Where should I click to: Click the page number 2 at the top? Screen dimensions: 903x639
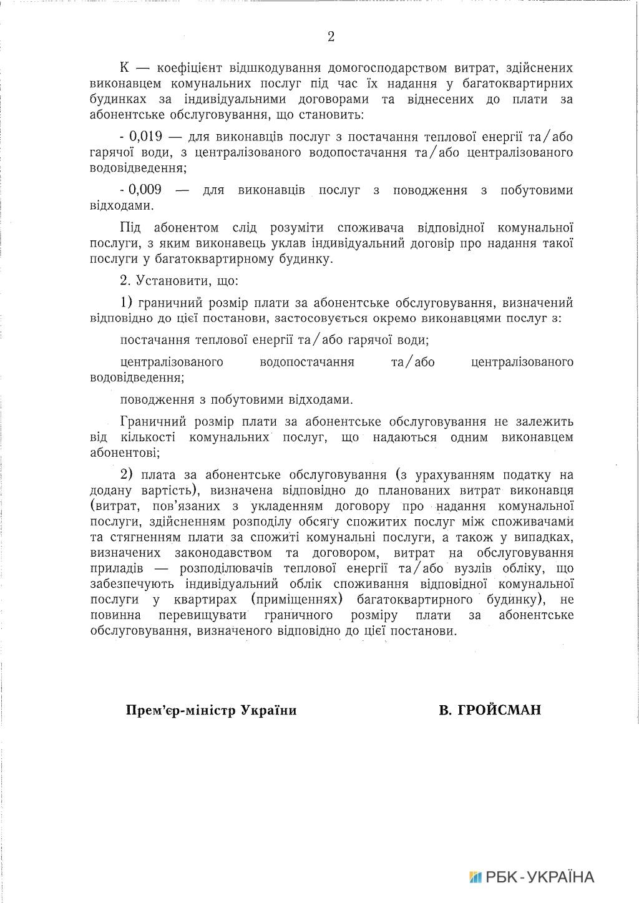[331, 37]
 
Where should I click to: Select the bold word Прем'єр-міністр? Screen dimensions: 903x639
[179, 711]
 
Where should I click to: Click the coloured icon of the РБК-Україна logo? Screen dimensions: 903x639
[476, 877]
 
